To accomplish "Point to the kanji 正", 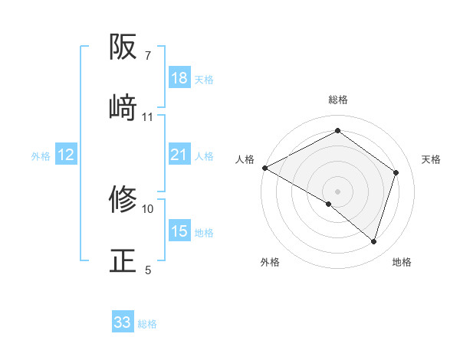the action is tap(123, 260).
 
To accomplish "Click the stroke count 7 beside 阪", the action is tap(148, 56).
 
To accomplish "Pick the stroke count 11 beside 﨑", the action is tap(148, 116).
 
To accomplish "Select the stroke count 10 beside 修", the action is tap(148, 208).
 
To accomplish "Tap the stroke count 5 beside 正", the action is tap(148, 269).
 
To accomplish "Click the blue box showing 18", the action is tap(179, 78).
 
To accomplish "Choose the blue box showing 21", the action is tap(179, 155).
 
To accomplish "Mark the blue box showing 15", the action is tap(179, 232).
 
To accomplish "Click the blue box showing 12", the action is tap(66, 155).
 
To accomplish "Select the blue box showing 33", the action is tap(123, 323).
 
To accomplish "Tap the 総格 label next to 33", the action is tap(147, 324).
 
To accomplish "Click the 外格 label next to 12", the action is tap(41, 156).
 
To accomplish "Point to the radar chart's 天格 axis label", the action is tap(431, 159).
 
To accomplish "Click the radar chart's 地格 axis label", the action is tap(402, 263).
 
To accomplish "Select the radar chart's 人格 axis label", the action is tap(245, 159).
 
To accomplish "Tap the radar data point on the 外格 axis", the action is tap(329, 204).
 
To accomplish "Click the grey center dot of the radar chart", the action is tap(338, 191).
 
